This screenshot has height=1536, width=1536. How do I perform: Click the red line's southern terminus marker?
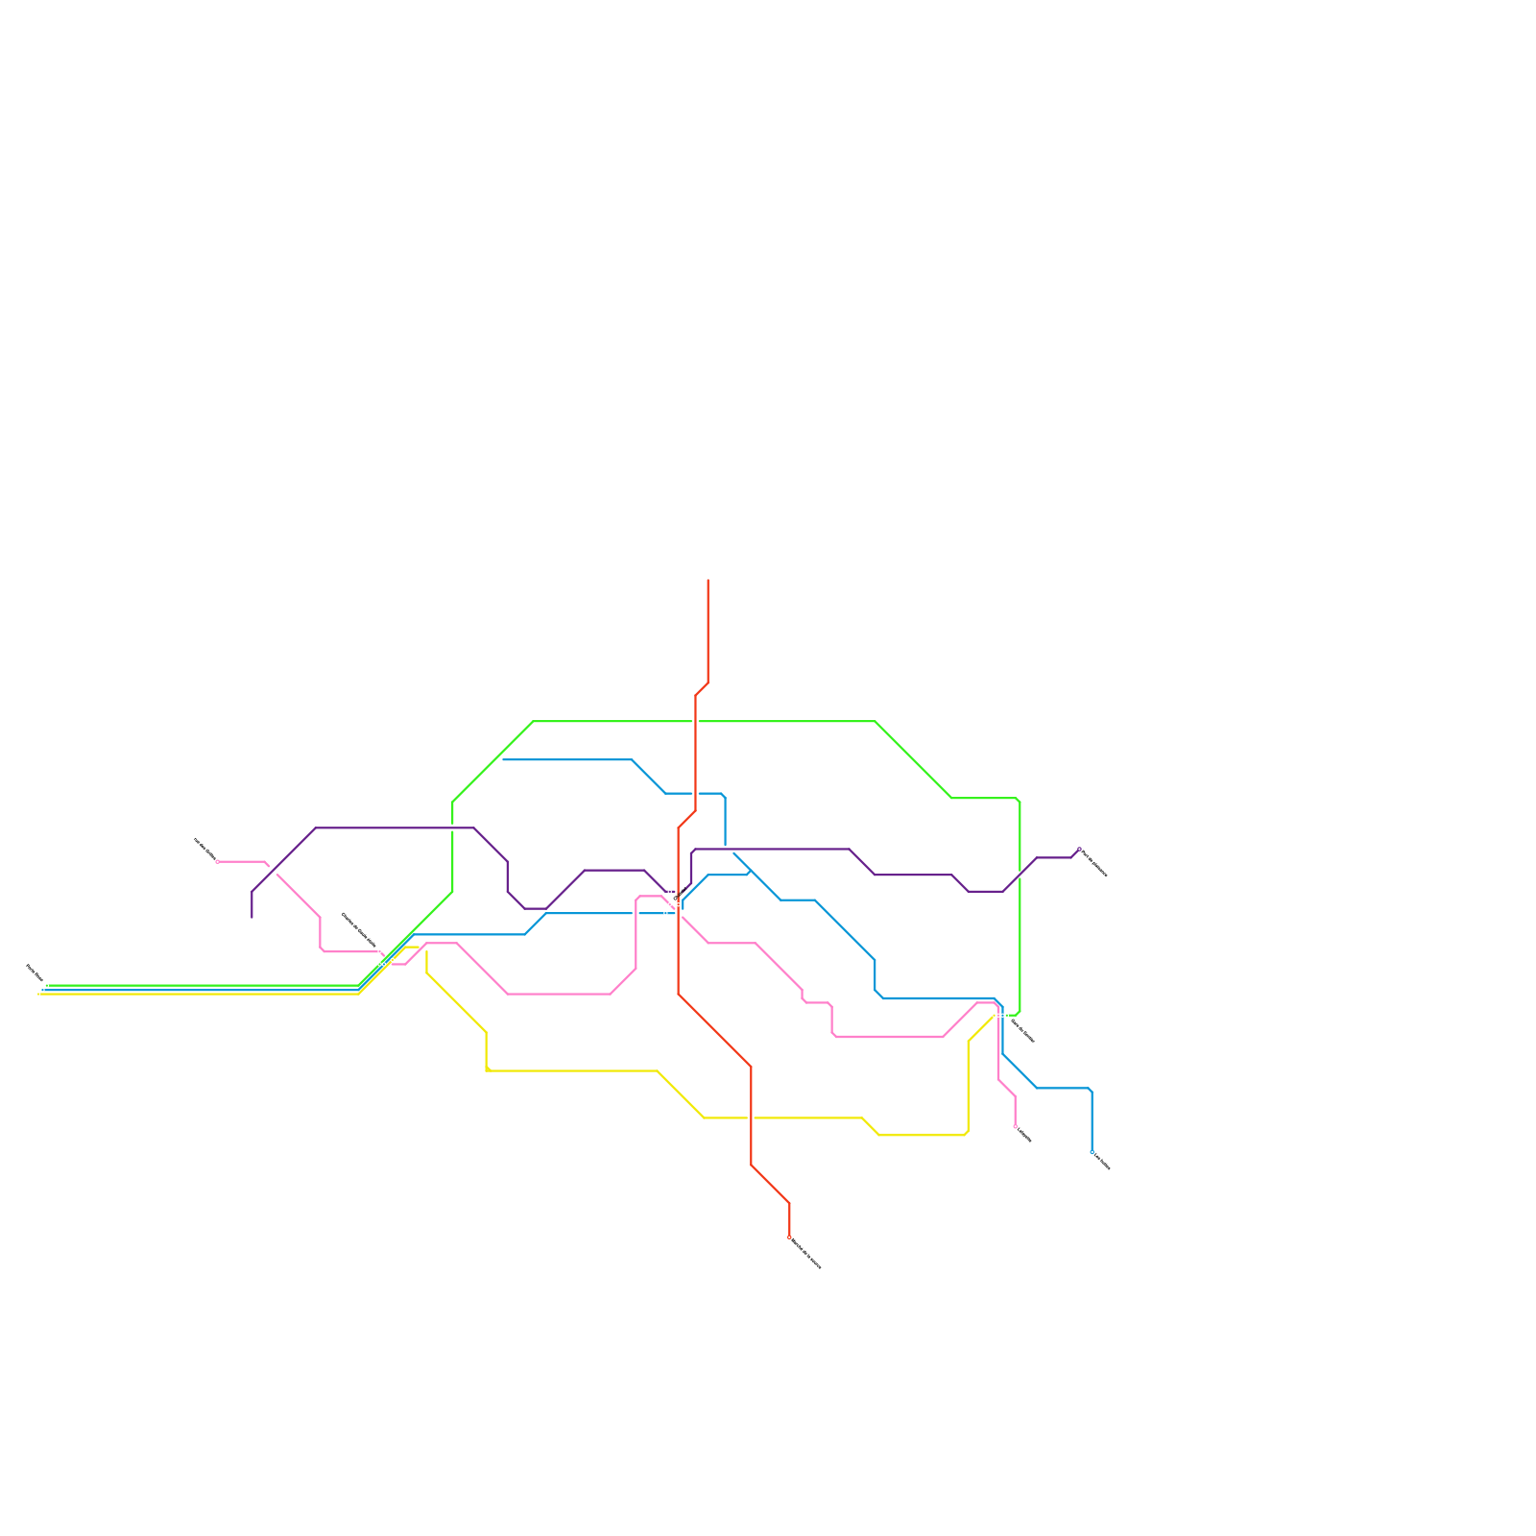pyautogui.click(x=789, y=1237)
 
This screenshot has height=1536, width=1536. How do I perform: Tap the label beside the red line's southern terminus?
pyautogui.click(x=806, y=1254)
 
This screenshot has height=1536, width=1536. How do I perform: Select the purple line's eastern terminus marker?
pyautogui.click(x=1079, y=850)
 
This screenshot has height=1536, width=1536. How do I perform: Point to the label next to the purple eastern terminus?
pyautogui.click(x=1094, y=863)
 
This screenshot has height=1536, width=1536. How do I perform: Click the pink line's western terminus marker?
pyautogui.click(x=217, y=861)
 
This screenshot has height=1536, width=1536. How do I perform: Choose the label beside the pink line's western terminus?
pyautogui.click(x=204, y=848)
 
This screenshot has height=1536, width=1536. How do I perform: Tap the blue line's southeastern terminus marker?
pyautogui.click(x=1092, y=1151)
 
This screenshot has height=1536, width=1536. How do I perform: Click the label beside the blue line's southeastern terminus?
pyautogui.click(x=1102, y=1162)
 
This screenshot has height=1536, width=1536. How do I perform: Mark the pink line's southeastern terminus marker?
pyautogui.click(x=1015, y=1126)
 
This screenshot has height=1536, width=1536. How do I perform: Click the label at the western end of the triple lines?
pyautogui.click(x=34, y=973)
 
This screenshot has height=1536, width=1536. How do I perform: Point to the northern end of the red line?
pyautogui.click(x=708, y=580)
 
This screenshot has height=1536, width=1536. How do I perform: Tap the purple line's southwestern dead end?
pyautogui.click(x=252, y=918)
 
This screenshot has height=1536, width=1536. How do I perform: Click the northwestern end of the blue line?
pyautogui.click(x=503, y=759)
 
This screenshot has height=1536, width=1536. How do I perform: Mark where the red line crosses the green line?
pyautogui.click(x=696, y=721)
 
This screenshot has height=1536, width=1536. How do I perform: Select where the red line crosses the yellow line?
pyautogui.click(x=751, y=1117)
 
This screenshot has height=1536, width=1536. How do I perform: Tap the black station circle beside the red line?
pyautogui.click(x=676, y=899)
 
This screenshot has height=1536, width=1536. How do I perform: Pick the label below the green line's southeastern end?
pyautogui.click(x=1023, y=1032)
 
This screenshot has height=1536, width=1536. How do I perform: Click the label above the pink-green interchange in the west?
pyautogui.click(x=359, y=929)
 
